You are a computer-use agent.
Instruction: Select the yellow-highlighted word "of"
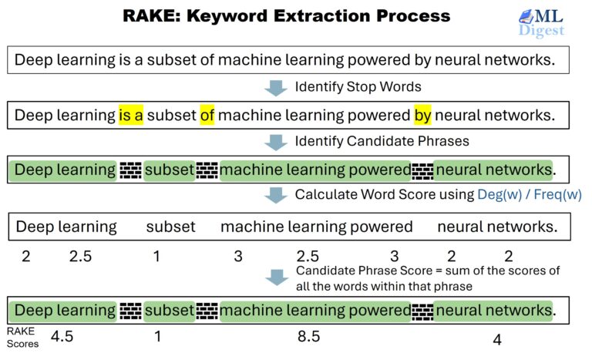[x=207, y=116]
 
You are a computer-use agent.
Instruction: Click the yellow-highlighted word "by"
[x=422, y=116]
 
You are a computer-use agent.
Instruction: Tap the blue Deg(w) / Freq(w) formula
[x=530, y=194]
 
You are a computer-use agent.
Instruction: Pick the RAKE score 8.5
[x=308, y=336]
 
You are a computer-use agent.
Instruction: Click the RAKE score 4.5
[x=62, y=336]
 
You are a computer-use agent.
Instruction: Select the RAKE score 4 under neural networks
[x=497, y=339]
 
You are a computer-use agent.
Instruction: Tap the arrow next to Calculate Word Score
[x=275, y=195]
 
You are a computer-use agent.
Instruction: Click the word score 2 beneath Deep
[x=26, y=256]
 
